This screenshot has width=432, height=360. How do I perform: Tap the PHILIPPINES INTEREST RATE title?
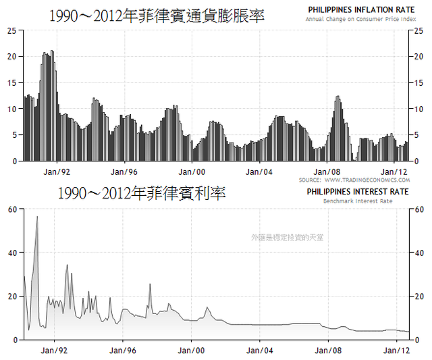coord(358,192)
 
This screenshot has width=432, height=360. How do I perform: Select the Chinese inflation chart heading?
coord(157,15)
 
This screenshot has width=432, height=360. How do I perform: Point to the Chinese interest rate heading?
coord(142,193)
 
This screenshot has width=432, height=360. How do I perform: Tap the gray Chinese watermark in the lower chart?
coord(286,238)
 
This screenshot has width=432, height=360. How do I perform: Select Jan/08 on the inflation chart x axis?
coord(329,172)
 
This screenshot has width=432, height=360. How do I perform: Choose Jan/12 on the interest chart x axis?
coord(397,351)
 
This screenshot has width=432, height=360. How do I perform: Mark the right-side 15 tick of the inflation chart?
coord(418,83)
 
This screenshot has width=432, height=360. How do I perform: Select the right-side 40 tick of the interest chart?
coord(418,253)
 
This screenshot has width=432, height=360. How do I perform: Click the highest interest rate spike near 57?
coord(37,217)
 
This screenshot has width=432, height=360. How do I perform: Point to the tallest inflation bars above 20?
coord(47,54)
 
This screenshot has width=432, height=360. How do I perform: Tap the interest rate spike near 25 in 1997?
coord(150,285)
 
